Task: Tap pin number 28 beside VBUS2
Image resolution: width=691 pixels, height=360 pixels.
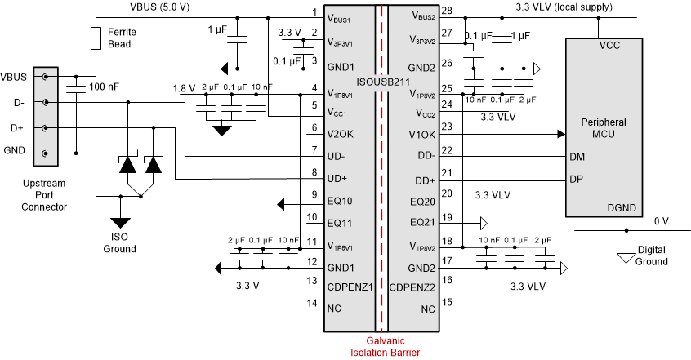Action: [x=446, y=11]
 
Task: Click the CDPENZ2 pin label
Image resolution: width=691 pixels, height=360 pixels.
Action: [x=416, y=287]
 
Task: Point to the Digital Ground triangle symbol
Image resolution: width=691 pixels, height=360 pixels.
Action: [x=626, y=257]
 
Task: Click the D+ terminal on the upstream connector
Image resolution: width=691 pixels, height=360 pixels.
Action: [x=46, y=127]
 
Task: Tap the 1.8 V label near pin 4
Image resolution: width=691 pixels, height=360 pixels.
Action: [x=184, y=88]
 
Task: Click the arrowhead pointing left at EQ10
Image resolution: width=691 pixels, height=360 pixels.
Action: [x=282, y=203]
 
